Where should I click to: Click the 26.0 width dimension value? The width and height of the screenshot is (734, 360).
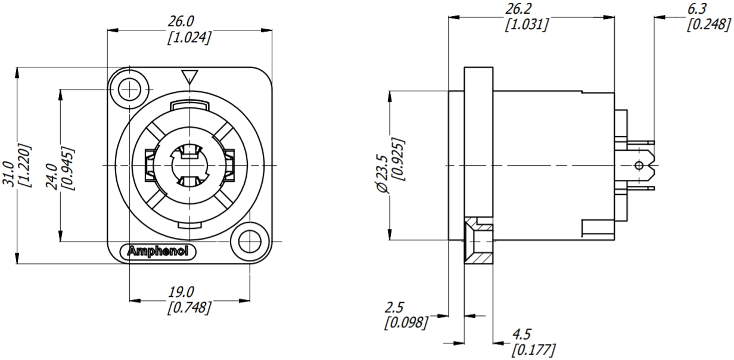(181, 21)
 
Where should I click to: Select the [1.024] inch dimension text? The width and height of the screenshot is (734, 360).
(188, 37)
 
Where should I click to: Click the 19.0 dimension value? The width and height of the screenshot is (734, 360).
(181, 292)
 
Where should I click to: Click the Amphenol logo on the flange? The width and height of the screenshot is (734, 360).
(158, 252)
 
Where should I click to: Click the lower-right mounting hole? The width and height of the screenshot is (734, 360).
(249, 241)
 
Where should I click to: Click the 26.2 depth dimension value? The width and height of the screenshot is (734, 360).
(518, 10)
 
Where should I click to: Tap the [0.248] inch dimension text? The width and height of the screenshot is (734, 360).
(709, 25)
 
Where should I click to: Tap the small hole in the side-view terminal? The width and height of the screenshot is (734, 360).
(639, 165)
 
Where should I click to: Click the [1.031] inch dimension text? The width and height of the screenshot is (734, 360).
(527, 25)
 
